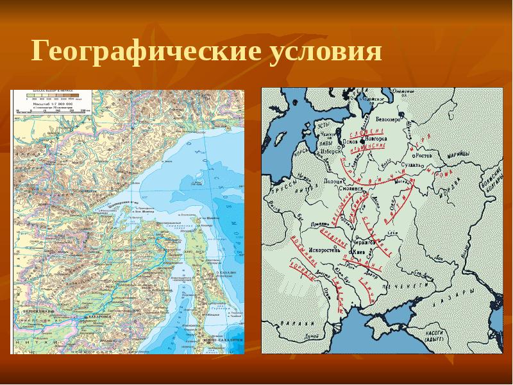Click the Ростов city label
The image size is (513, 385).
(x=425, y=155)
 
